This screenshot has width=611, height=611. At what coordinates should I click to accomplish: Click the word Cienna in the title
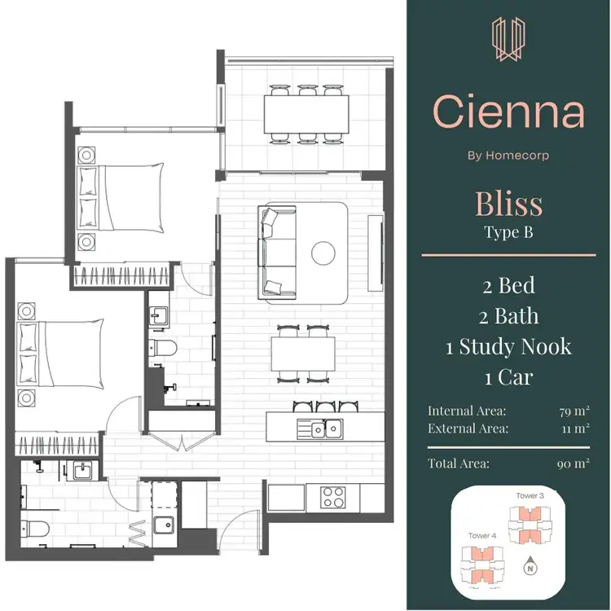[x=508, y=112]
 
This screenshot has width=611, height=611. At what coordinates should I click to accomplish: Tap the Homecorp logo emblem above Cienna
[x=508, y=42]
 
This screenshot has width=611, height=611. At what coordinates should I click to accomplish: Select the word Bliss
[x=508, y=204]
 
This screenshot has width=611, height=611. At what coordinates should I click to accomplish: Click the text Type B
[x=508, y=233]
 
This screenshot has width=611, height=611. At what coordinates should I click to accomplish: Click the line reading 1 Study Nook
[x=508, y=346]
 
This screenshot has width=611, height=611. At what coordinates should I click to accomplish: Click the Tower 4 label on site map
[x=482, y=535]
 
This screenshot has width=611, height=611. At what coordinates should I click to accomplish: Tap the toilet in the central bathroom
[x=162, y=349]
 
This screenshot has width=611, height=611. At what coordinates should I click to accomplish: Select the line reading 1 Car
[x=508, y=378]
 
